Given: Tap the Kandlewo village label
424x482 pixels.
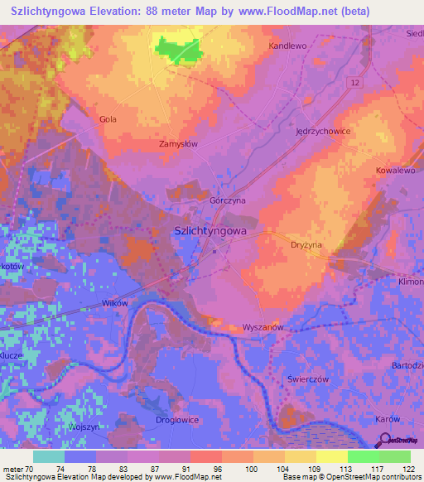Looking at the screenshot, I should tap(287, 46).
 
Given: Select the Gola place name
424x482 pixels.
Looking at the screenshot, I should tap(108, 119).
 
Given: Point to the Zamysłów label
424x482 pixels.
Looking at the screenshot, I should tap(178, 143).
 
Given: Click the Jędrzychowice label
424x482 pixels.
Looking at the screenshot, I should tap(323, 132).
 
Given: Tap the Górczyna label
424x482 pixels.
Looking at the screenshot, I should tap(226, 200).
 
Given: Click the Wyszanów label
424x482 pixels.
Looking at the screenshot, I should tap(263, 327).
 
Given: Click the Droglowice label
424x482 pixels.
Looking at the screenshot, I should tap(177, 420).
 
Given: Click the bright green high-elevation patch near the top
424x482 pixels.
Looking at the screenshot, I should tap(181, 49).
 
